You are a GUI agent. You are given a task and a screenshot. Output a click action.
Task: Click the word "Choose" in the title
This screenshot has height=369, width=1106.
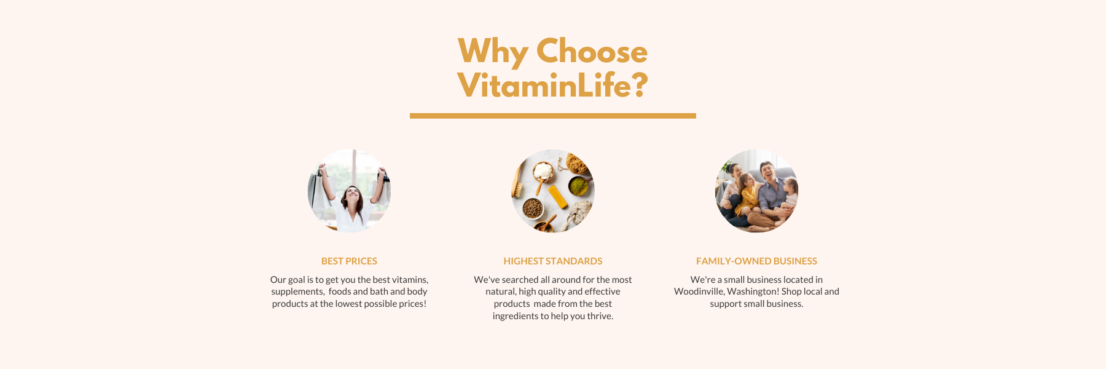[x=592, y=51]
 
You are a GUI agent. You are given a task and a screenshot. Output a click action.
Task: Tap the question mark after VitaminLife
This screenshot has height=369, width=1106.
[x=640, y=85]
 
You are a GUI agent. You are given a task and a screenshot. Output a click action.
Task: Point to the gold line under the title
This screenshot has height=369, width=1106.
[x=553, y=116]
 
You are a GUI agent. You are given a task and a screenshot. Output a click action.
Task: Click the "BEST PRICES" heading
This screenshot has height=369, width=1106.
[x=349, y=261]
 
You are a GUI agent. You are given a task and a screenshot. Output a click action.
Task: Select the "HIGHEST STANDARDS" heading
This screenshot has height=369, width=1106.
[x=553, y=261]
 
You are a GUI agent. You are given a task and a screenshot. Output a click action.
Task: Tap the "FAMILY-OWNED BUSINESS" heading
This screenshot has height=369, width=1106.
[x=756, y=261]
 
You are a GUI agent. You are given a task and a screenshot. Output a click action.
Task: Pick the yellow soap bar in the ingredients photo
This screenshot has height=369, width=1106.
[x=557, y=197]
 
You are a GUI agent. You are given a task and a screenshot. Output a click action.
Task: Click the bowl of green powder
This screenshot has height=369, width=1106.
[x=578, y=186]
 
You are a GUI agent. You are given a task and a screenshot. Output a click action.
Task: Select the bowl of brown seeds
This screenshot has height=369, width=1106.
[x=532, y=208]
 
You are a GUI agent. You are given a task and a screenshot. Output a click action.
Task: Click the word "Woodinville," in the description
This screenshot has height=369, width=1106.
[x=699, y=292]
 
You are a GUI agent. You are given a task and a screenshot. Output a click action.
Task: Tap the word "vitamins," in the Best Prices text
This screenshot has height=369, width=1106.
[x=410, y=280]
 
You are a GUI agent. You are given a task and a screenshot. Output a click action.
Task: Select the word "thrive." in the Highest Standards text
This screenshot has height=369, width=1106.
[x=600, y=316]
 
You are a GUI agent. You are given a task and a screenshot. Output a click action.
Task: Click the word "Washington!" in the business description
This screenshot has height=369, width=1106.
[x=753, y=292]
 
